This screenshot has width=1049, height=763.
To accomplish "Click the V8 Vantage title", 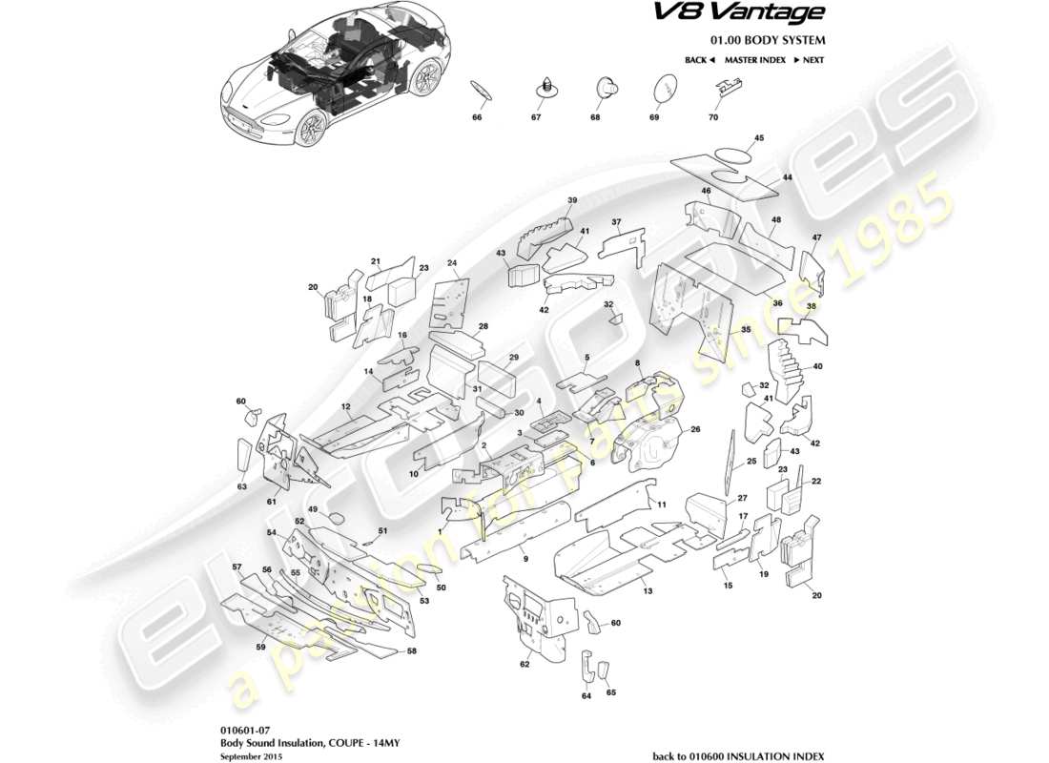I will [x=765, y=12].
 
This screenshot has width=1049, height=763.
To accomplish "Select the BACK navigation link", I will [x=699, y=60].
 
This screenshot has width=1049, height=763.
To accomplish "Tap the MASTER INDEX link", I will [x=754, y=60].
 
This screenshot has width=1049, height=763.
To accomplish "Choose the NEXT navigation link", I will [x=809, y=60].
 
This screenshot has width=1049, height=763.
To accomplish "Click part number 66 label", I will [x=477, y=117].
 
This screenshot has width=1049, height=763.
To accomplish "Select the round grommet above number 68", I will [x=605, y=88].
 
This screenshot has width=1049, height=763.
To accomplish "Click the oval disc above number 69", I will [x=663, y=90].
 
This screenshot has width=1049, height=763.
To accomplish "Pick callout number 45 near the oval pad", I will [x=759, y=138].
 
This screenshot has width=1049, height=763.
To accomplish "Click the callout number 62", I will [x=524, y=664].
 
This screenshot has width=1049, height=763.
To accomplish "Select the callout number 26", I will [x=695, y=430].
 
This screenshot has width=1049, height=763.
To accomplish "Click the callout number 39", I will [x=573, y=200].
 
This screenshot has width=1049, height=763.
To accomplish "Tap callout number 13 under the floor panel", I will [x=647, y=591].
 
